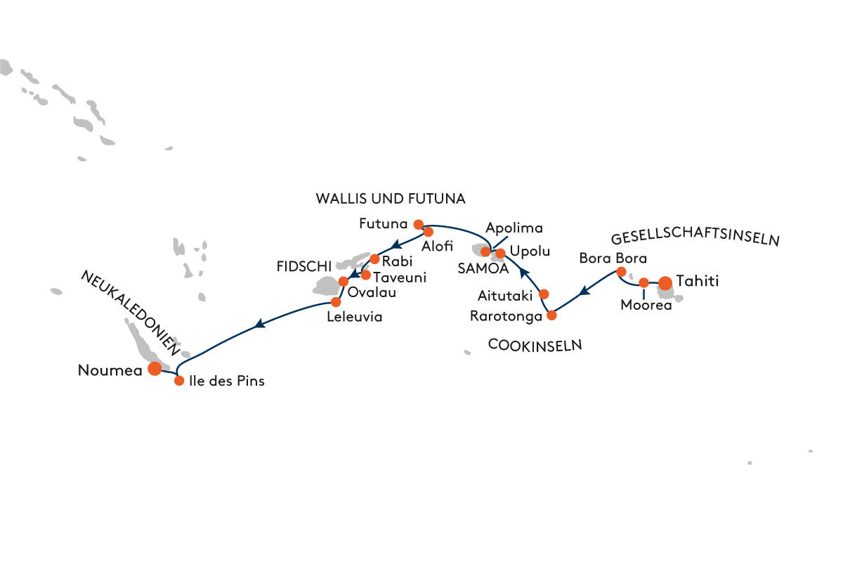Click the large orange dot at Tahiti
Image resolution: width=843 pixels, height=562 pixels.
click(x=665, y=283)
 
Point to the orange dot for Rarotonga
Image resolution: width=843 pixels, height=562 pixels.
click(x=551, y=315)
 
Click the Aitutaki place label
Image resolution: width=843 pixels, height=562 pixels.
click(x=505, y=294)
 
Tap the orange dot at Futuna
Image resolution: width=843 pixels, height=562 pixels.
click(x=418, y=225)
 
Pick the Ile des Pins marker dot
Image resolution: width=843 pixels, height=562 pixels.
click(x=178, y=381)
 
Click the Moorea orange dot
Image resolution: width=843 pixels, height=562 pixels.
click(x=643, y=282)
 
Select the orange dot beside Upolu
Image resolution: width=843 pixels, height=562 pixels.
click(x=500, y=253)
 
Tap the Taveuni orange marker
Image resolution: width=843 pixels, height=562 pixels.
click(x=365, y=275)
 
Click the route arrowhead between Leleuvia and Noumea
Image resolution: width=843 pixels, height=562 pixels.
click(x=261, y=324)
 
